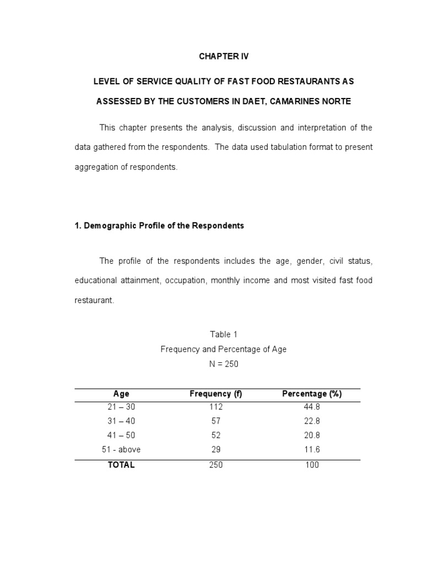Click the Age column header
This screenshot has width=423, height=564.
(121, 394)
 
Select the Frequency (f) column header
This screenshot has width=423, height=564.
(216, 394)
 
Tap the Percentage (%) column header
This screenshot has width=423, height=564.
(312, 394)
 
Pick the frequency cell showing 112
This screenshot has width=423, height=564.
(216, 407)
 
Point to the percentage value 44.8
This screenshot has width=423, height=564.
(312, 407)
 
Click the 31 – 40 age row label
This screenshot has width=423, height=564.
(121, 421)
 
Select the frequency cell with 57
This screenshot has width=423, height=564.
(216, 421)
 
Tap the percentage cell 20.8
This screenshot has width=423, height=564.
(312, 436)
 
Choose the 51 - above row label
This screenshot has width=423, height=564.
(121, 450)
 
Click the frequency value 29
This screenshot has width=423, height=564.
(216, 450)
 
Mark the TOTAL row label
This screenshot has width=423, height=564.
(121, 465)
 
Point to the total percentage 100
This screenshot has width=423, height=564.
(312, 465)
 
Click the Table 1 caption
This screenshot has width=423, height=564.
(224, 334)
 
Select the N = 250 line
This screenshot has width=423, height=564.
(224, 364)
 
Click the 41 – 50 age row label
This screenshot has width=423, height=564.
(121, 436)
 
